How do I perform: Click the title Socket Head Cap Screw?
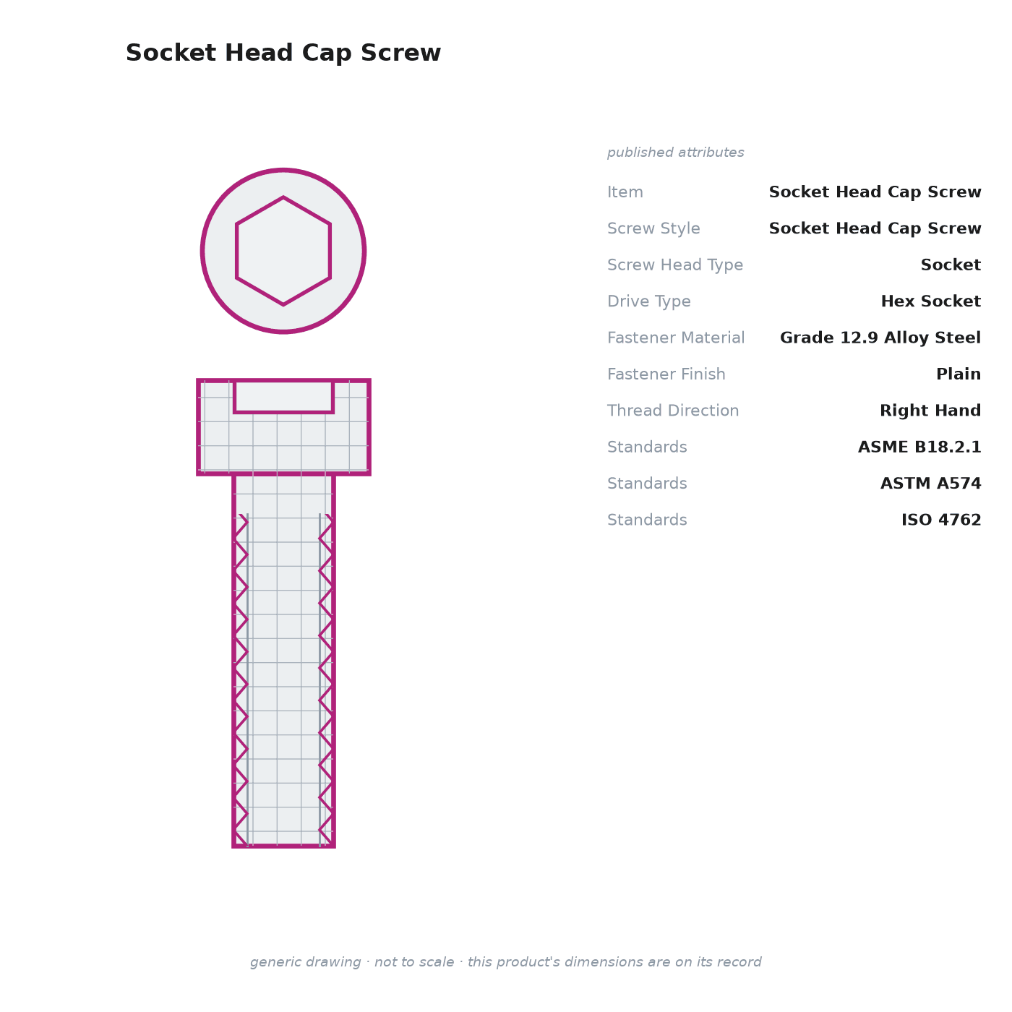tap(283, 53)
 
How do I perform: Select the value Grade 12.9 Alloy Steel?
tap(880, 338)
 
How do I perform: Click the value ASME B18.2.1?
tap(919, 447)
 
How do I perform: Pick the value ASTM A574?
tap(930, 483)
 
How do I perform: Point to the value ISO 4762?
tap(941, 520)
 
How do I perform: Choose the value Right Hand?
tap(930, 411)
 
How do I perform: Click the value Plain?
tap(959, 374)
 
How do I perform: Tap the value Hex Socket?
tap(930, 301)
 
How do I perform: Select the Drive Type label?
tap(648, 301)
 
